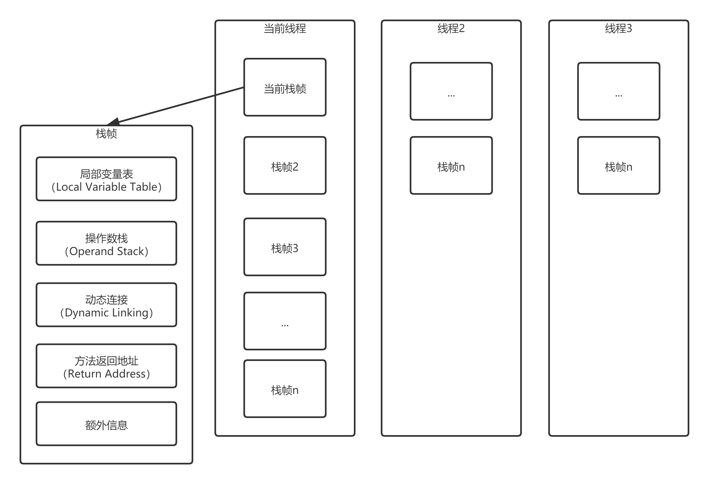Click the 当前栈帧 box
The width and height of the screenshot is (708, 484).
pos(285,87)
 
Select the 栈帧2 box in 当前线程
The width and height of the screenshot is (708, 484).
pos(285,166)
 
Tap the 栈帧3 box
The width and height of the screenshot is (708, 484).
pos(285,247)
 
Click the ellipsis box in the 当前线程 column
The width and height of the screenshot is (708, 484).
pos(285,321)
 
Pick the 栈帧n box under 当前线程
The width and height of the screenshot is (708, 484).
pos(285,389)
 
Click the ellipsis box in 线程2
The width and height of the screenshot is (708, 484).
pos(451,91)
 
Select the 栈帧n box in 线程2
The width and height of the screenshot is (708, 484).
pos(451,166)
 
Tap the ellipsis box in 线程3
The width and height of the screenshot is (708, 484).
pos(619,91)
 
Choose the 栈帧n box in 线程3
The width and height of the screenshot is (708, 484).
pos(619,166)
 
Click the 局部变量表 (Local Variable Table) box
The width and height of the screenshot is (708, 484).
pos(106,179)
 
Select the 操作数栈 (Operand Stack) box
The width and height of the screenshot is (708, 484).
pos(106,243)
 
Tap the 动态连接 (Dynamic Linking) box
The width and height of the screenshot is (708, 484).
pos(106,305)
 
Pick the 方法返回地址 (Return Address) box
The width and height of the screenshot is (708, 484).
pos(106,366)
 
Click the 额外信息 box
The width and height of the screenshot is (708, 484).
pos(106,424)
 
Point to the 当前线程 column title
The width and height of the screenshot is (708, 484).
pos(285,29)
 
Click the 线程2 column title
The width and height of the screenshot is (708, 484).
pos(451,29)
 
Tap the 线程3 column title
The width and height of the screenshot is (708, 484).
pos(619,29)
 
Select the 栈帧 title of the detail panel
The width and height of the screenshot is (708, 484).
pos(106,134)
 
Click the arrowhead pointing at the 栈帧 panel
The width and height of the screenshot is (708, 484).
pos(114,121)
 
